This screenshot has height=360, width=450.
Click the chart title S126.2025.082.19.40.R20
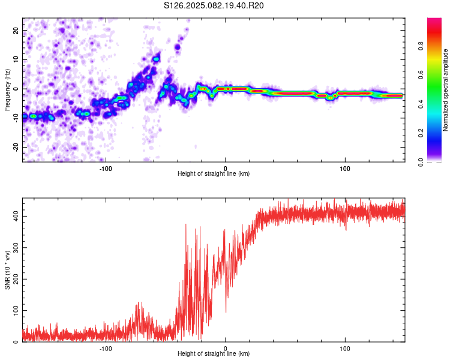click(214, 5)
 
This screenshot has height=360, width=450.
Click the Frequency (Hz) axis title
click(7, 90)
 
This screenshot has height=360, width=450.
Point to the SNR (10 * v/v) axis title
click(7, 270)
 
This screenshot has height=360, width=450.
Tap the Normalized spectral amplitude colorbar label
click(445, 90)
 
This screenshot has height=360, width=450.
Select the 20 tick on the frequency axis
click(16, 30)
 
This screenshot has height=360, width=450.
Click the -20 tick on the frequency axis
click(16, 147)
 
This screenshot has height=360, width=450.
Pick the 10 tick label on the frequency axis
click(16, 59)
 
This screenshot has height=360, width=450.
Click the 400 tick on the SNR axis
click(16, 216)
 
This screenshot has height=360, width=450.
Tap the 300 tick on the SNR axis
click(16, 247)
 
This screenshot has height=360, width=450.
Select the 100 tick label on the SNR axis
click(16, 310)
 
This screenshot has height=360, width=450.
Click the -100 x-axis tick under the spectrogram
click(106, 169)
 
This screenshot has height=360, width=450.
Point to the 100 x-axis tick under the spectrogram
click(345, 169)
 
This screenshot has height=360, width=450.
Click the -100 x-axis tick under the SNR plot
click(106, 349)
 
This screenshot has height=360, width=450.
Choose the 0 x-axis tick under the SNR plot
click(225, 349)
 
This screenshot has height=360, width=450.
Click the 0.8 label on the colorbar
click(421, 46)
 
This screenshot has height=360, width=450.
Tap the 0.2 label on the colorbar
click(421, 133)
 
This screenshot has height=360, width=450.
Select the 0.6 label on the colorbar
click(421, 74)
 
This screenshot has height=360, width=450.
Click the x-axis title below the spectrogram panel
click(214, 173)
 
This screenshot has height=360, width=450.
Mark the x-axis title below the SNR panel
click(214, 353)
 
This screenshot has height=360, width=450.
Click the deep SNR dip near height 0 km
click(226, 311)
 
